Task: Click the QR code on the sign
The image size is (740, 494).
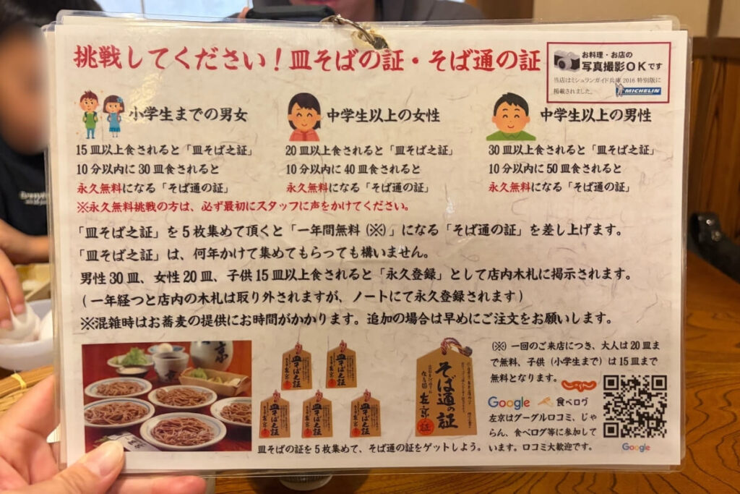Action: pos(634,406)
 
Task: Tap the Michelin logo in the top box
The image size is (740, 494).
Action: pos(640,90)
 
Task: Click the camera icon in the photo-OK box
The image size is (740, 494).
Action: pos(567,61)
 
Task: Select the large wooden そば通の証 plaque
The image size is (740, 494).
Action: pos(445,391)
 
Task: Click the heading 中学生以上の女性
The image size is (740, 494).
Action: pos(382,116)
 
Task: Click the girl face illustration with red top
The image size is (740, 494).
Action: pos(304,116)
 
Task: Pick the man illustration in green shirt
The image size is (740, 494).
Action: pos(511,116)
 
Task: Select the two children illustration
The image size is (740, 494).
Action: pos(102,114)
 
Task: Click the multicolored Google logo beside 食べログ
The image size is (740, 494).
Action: pos(509,403)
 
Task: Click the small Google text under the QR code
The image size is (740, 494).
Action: pos(635,448)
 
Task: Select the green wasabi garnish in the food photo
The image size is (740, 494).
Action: pos(132,357)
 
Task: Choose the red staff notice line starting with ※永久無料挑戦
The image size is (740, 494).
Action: pos(243,206)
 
